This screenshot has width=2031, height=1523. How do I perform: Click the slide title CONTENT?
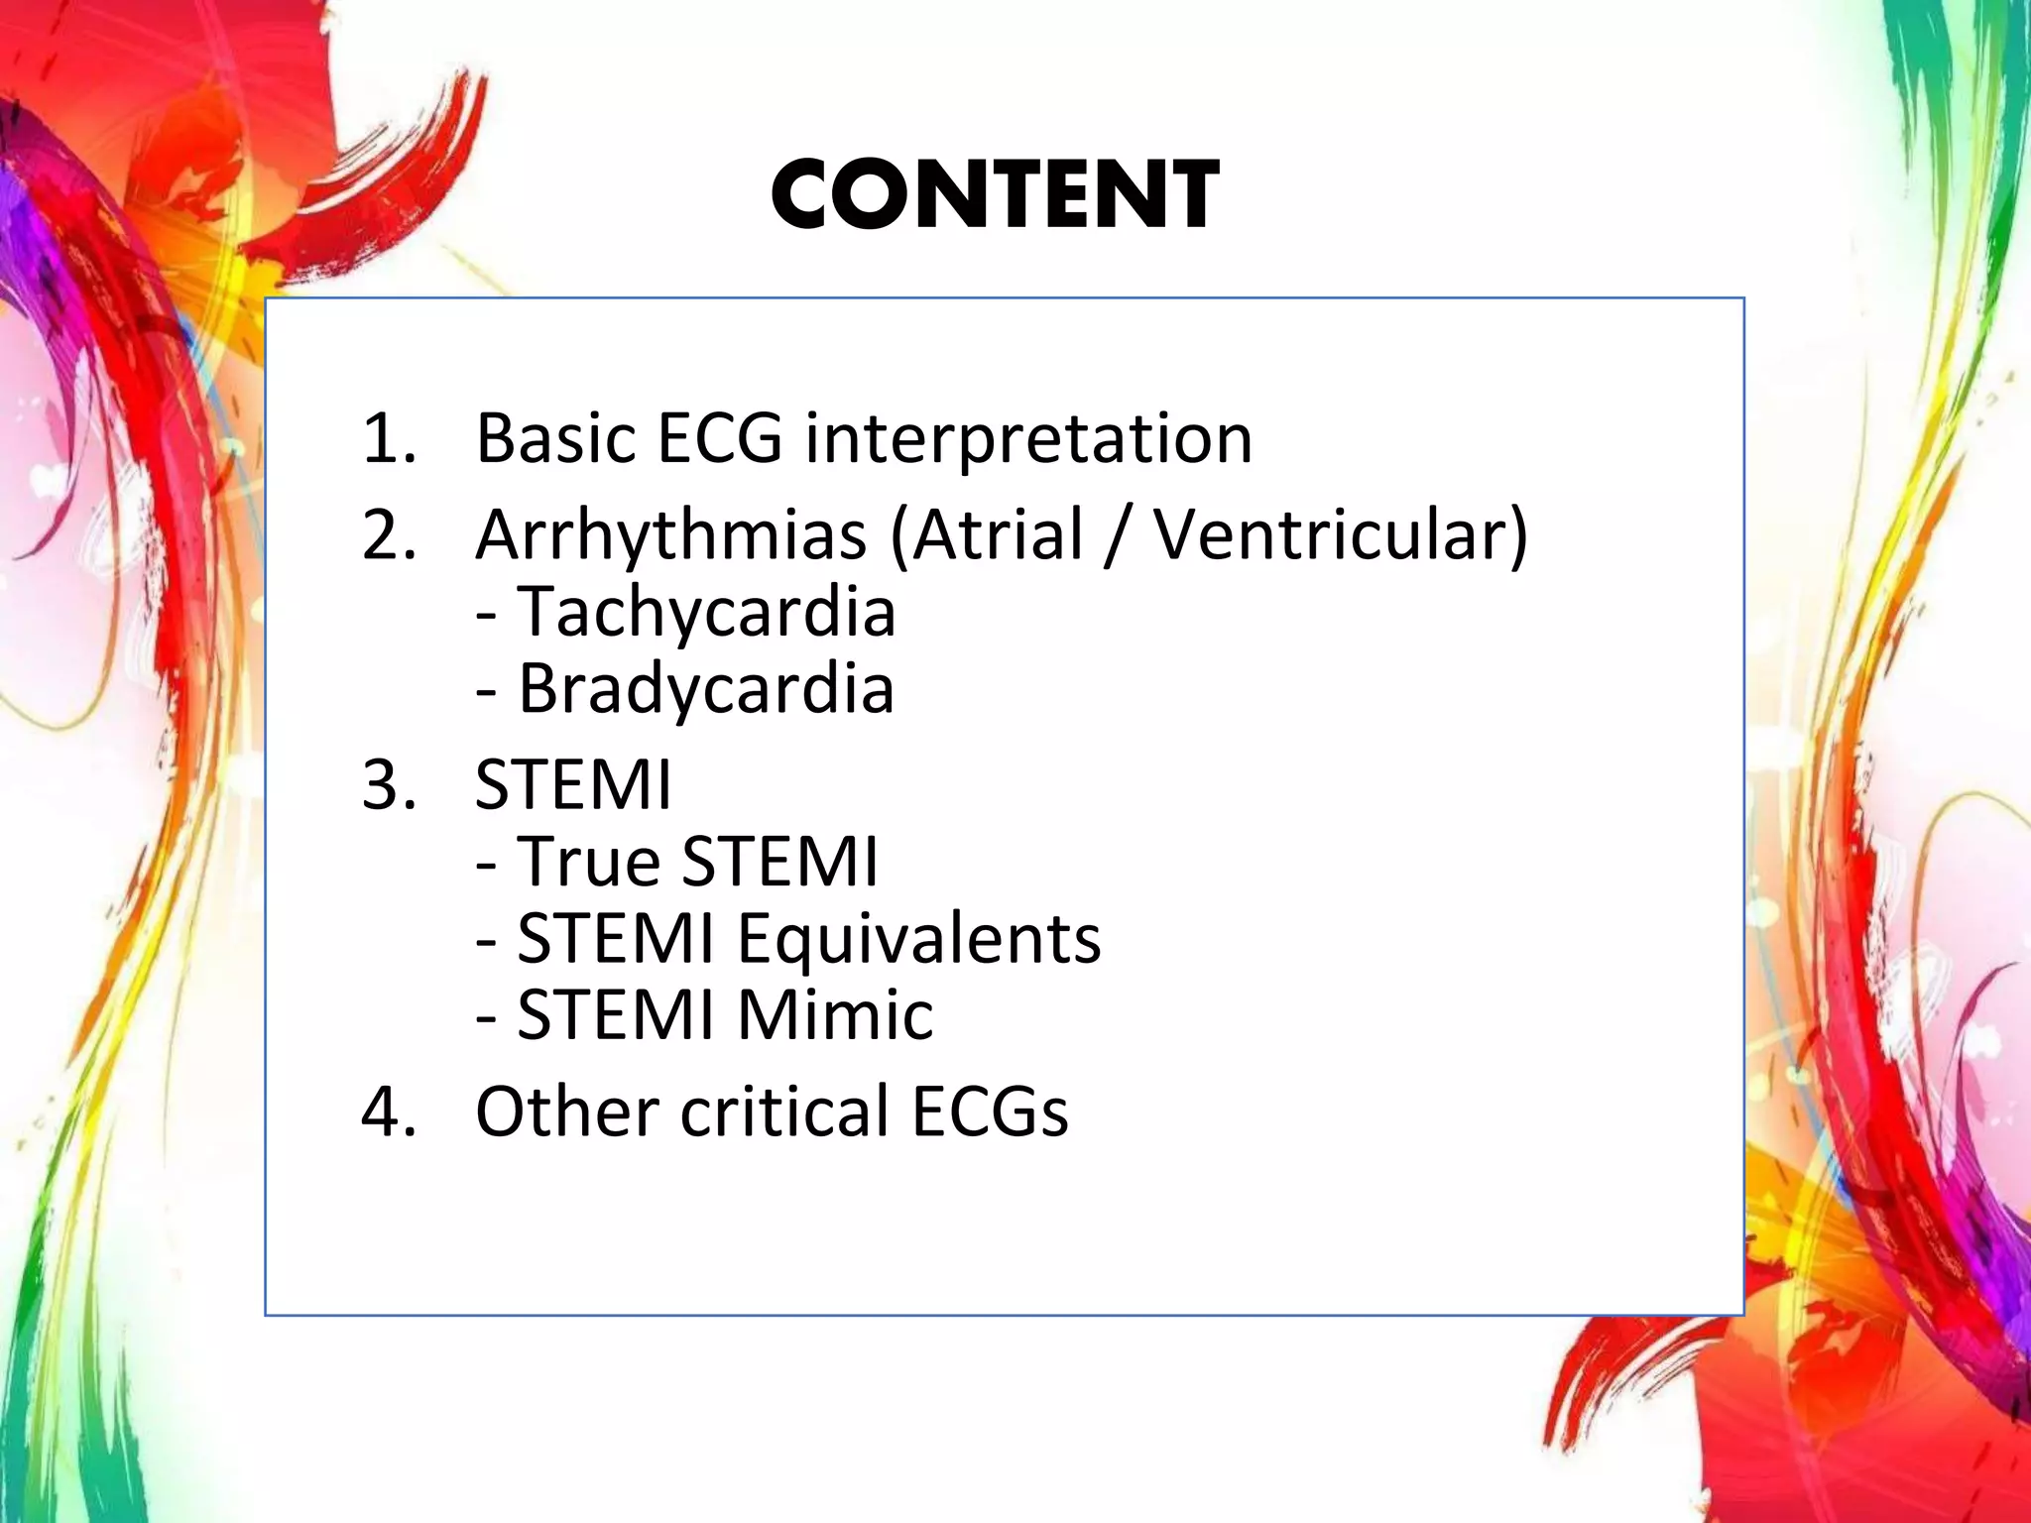pos(995,195)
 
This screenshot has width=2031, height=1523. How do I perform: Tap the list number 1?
pos(387,438)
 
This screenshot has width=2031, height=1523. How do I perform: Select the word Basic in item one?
pos(556,438)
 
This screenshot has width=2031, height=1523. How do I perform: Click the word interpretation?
pos(1028,438)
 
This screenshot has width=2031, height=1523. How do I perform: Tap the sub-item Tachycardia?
pos(706,612)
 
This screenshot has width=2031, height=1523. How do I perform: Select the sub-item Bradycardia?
pos(705,688)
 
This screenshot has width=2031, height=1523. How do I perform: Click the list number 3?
pos(389,785)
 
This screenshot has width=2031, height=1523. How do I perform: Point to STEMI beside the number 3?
pos(573,785)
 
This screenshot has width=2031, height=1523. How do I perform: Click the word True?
pos(588,861)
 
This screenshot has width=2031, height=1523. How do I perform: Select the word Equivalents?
pos(918,938)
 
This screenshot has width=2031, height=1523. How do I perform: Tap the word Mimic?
pos(835,1014)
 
